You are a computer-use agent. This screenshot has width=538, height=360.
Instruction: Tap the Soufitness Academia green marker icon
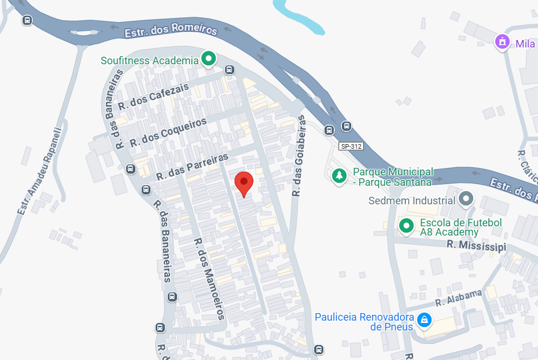click(x=208, y=58)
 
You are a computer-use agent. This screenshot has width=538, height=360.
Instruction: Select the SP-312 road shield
click(x=351, y=146)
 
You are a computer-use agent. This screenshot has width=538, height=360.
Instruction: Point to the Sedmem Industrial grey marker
click(x=466, y=200)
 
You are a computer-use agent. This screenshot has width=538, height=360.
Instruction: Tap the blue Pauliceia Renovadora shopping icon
click(x=425, y=319)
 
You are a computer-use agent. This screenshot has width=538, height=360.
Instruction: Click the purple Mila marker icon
click(x=502, y=42)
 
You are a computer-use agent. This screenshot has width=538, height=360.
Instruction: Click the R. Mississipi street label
click(x=476, y=245)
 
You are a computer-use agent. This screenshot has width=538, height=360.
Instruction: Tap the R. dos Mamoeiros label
click(x=209, y=279)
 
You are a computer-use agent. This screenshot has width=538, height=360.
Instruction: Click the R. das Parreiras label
click(x=193, y=166)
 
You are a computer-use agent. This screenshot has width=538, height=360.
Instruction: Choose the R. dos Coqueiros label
click(x=168, y=133)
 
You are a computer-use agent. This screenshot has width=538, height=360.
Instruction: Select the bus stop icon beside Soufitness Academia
click(x=230, y=70)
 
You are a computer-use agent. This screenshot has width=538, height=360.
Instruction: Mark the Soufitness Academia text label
click(x=149, y=60)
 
